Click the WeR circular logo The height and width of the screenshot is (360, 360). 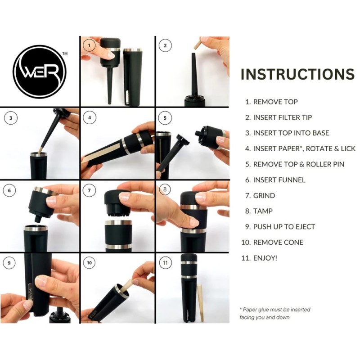click(x=40, y=72)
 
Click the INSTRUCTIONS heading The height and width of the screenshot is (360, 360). click(x=297, y=74)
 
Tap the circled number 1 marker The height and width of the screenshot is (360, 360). click(x=89, y=45)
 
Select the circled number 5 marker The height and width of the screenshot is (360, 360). click(x=165, y=118)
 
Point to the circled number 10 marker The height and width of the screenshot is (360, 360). click(x=89, y=263)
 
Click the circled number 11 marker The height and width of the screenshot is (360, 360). click(x=165, y=263)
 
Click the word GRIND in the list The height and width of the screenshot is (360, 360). click(x=264, y=196)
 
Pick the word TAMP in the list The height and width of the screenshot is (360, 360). click(x=263, y=211)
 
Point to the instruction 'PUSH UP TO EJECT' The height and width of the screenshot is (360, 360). click(x=284, y=227)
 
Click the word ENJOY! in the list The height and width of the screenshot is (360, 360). click(x=265, y=258)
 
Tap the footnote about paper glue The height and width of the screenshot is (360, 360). click(x=275, y=313)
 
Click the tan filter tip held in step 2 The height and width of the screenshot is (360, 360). click(x=197, y=43)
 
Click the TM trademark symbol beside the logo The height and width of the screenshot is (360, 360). click(x=65, y=54)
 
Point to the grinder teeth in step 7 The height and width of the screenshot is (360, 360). click(x=117, y=215)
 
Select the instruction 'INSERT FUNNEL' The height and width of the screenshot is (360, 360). click(x=279, y=180)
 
